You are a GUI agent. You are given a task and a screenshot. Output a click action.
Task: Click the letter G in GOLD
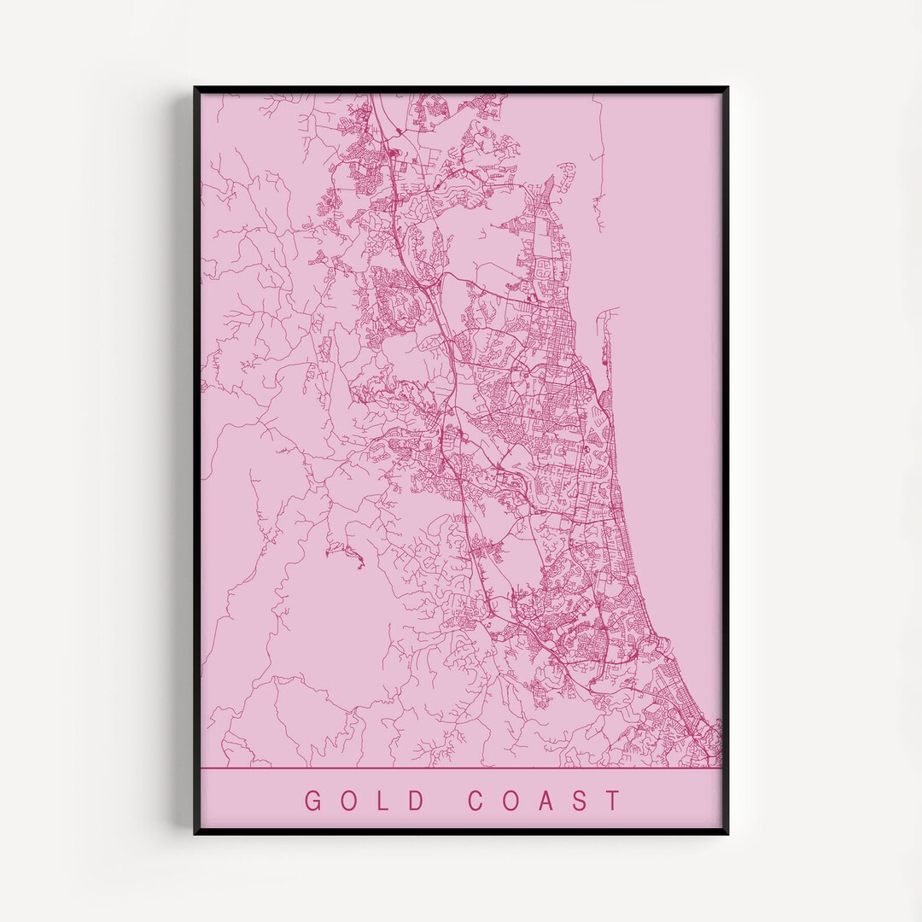[x=314, y=801]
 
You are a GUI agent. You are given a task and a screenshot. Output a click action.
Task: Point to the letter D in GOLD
[x=417, y=801]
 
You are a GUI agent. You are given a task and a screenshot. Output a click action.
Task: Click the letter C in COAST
[x=478, y=801]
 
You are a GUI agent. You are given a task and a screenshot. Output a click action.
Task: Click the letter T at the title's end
[x=613, y=801]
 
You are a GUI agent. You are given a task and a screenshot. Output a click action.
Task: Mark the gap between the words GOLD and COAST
[x=447, y=801]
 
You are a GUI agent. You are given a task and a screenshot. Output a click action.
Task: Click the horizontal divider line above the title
[x=461, y=768]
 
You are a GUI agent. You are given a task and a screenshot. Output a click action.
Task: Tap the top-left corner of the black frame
[x=195, y=89]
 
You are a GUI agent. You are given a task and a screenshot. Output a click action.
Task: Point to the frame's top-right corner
[x=727, y=89]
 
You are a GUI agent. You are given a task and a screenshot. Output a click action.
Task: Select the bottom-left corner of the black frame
[x=195, y=832]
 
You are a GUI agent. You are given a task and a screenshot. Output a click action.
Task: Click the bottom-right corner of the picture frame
[x=727, y=832]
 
